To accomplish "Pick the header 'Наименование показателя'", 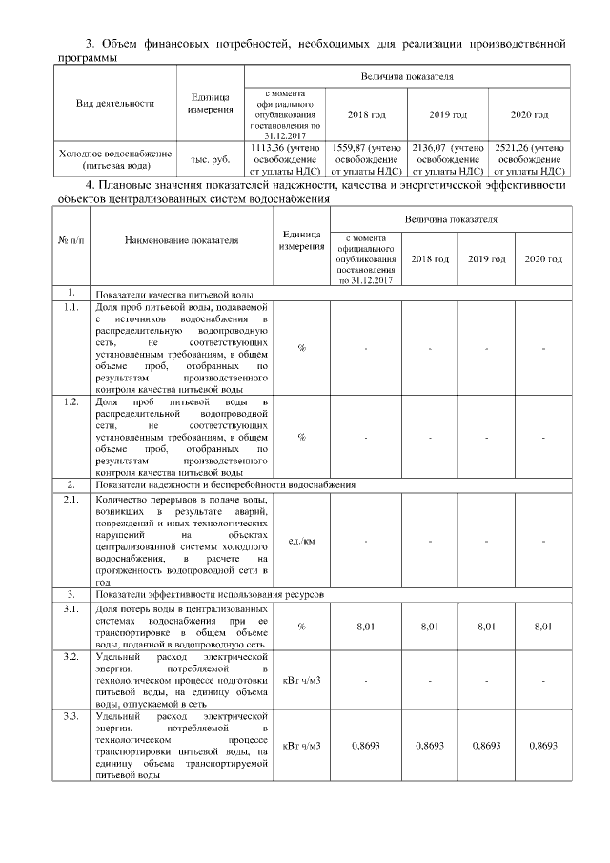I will tap(181, 240).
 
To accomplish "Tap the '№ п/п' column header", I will tap(71, 240).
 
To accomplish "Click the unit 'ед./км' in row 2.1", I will tap(301, 541).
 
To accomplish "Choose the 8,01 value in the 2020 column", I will tap(542, 627).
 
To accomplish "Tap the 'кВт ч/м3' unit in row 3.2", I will tap(301, 681).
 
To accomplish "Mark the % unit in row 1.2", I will tap(301, 437).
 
